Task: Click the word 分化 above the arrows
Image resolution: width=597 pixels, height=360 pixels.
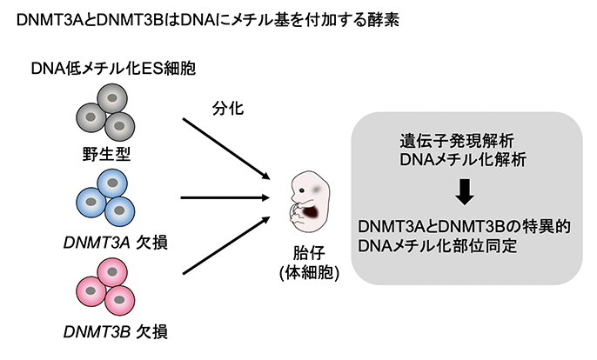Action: point(226,110)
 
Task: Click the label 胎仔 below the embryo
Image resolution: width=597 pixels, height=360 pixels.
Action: point(309,253)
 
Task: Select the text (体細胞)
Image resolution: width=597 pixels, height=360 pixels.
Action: point(309,272)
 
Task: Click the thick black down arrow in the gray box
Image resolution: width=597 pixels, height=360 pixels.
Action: point(465,190)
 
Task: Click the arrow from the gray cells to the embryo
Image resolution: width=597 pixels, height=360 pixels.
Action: point(227,148)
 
